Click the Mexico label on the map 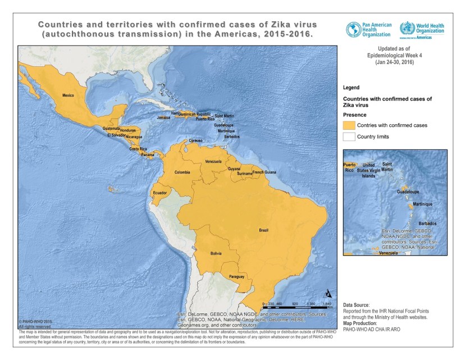tap(68, 95)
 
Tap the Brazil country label tap(263, 231)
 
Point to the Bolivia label tap(216, 254)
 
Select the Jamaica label tap(163, 118)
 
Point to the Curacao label tap(195, 140)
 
